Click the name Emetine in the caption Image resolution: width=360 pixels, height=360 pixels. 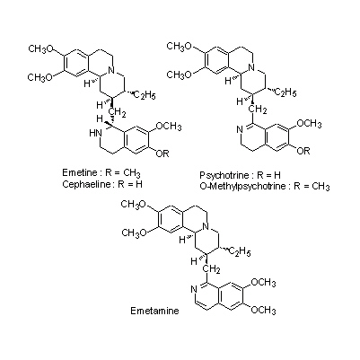(x=80, y=173)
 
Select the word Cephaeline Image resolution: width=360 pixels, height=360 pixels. (x=86, y=184)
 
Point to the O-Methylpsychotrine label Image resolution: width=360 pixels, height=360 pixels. (x=242, y=187)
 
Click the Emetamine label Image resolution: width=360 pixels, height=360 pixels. (x=154, y=311)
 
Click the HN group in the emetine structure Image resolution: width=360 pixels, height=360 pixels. (x=95, y=134)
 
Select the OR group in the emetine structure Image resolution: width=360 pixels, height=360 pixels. (x=162, y=154)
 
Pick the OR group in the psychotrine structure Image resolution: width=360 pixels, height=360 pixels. (x=303, y=151)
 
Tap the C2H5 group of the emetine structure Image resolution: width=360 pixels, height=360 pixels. (x=144, y=96)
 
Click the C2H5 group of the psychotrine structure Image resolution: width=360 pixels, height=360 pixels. (x=285, y=92)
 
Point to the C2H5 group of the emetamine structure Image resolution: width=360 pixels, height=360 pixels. (x=240, y=252)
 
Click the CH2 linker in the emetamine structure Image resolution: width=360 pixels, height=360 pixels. (x=212, y=270)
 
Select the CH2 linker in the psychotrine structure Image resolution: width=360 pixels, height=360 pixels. (x=258, y=110)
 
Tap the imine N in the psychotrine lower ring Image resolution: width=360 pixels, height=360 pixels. (x=239, y=130)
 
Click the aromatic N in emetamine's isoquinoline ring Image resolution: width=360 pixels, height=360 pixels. (x=193, y=289)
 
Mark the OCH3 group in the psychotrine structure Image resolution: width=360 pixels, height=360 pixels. (x=310, y=124)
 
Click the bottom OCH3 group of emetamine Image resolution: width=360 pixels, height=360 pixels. (x=263, y=311)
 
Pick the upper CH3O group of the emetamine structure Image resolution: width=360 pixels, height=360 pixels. (x=133, y=205)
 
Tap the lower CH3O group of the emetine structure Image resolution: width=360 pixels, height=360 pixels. (x=40, y=77)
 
